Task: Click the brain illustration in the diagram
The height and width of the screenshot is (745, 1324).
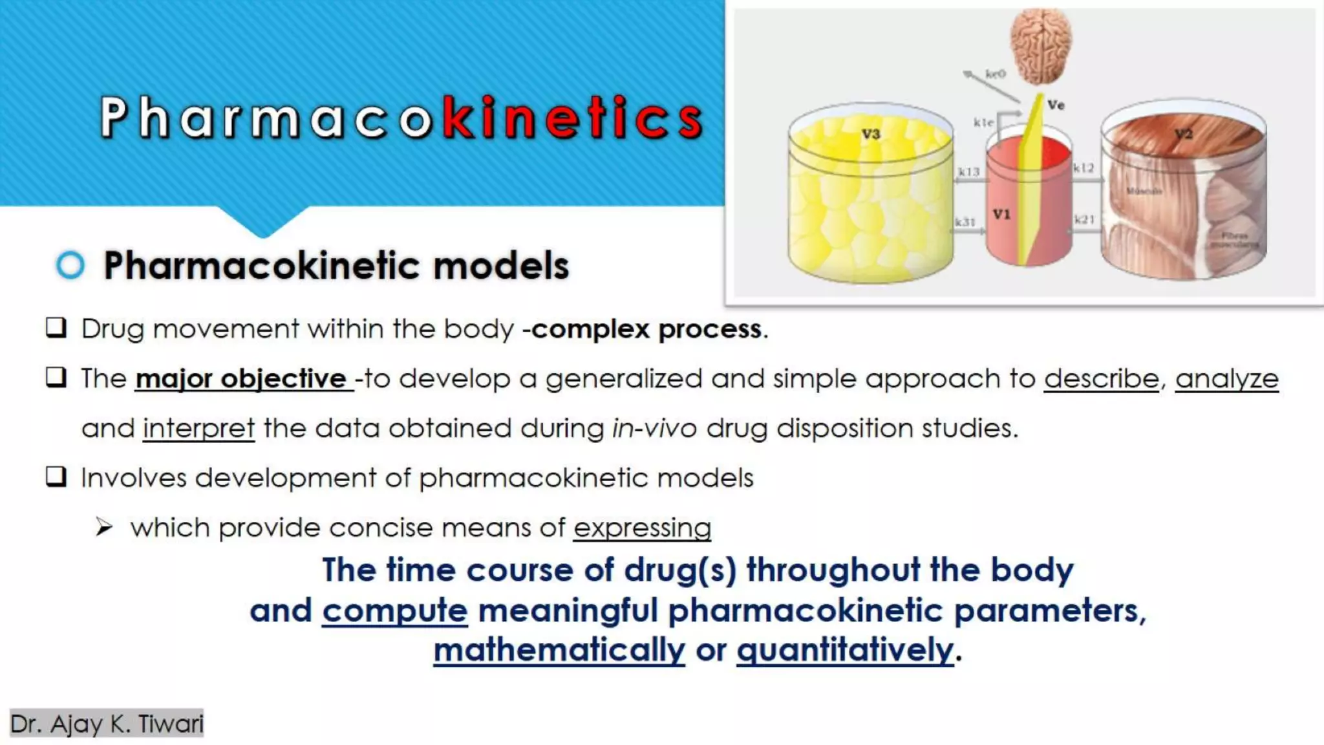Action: pyautogui.click(x=1040, y=47)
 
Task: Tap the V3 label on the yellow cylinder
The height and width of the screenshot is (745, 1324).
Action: pyautogui.click(x=871, y=134)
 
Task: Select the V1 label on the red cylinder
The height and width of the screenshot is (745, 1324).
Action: pyautogui.click(x=1001, y=214)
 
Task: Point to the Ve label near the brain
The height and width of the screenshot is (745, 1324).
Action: pyautogui.click(x=1056, y=105)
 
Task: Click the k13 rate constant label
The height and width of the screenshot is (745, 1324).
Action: pyautogui.click(x=968, y=171)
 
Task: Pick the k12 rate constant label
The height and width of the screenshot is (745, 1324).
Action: pyautogui.click(x=1084, y=167)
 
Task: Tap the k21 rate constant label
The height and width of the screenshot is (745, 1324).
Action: pyautogui.click(x=1084, y=219)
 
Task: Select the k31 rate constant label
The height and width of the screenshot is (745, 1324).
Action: pyautogui.click(x=965, y=222)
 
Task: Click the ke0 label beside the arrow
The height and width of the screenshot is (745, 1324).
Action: pyautogui.click(x=996, y=74)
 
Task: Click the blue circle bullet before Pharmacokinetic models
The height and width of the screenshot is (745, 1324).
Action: pyautogui.click(x=70, y=265)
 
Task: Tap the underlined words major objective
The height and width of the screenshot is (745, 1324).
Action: pyautogui.click(x=243, y=379)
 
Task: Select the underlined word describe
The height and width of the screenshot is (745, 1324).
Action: pyautogui.click(x=1102, y=379)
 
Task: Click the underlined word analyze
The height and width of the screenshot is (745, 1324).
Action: pyautogui.click(x=1226, y=379)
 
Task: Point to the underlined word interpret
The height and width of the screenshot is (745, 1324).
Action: pyautogui.click(x=198, y=429)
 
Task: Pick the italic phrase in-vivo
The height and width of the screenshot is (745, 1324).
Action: pyautogui.click(x=654, y=428)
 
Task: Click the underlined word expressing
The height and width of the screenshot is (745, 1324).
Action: pyautogui.click(x=642, y=528)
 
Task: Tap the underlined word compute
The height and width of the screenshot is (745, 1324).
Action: pyautogui.click(x=394, y=610)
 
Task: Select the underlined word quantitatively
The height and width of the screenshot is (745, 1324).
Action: pyautogui.click(x=845, y=650)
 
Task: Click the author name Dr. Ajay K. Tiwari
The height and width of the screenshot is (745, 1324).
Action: pyautogui.click(x=107, y=724)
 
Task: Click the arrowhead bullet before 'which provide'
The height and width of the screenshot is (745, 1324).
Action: pyautogui.click(x=104, y=527)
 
